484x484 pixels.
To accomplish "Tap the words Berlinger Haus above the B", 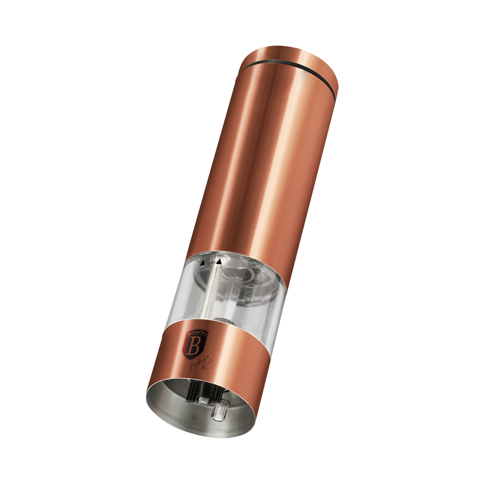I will tap(192, 333).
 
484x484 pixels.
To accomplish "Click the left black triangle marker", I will tap(203, 263).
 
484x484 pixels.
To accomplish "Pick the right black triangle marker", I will tap(219, 261).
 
